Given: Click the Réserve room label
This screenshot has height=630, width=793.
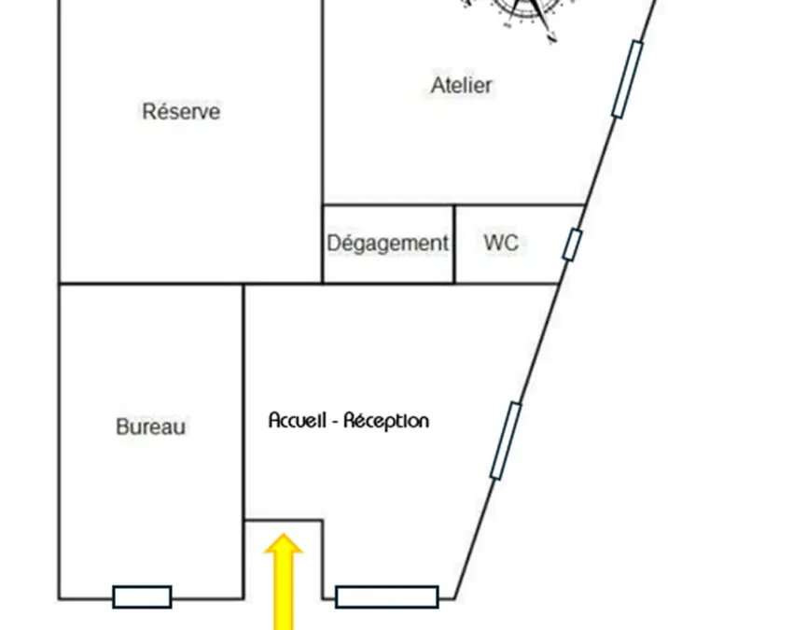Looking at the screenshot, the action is point(181,111).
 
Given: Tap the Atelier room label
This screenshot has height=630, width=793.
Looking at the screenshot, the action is point(461,85).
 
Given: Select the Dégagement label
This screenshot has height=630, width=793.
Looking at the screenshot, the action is point(387,244).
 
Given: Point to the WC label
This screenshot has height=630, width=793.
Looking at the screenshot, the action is point(501,243).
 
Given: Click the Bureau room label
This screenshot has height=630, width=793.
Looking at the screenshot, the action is point(151,427).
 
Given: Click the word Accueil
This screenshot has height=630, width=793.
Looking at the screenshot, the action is point(297,420).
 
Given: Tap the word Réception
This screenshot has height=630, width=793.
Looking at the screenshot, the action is point(386,421).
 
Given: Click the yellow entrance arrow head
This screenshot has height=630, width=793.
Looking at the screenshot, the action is point(284,543).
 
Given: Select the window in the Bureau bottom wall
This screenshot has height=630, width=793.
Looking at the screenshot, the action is point(142,597).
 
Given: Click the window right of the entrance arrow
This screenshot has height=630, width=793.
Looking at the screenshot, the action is point(387,597).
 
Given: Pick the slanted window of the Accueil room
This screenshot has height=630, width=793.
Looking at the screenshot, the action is point(506,441).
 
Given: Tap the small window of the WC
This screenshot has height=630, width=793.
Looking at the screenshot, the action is point(572,245).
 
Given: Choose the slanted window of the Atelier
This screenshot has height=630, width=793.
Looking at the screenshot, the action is point(628,80).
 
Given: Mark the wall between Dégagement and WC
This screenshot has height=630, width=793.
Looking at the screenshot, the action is point(454,245).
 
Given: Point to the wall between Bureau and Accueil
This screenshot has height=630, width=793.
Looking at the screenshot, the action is point(243,441).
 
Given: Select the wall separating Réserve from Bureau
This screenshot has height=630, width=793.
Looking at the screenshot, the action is point(151,284).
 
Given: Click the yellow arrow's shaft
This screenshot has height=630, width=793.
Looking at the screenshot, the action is point(284,592).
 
